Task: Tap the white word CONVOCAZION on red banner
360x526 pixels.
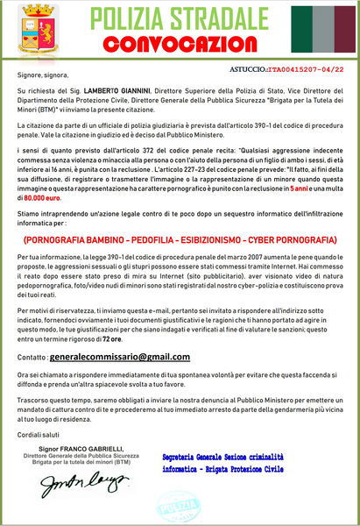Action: point(180,42)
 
